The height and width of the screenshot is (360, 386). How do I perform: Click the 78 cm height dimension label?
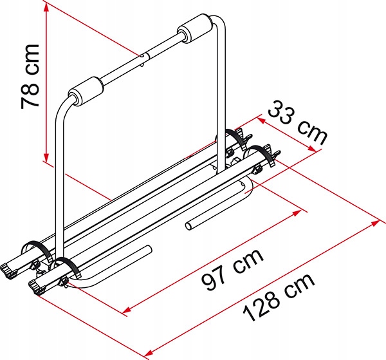coord(30,77)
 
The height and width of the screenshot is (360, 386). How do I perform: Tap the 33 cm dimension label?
coord(297,122)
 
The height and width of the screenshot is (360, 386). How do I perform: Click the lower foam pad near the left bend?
coord(86,91)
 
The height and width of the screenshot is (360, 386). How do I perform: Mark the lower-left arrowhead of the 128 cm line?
coord(149,353)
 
